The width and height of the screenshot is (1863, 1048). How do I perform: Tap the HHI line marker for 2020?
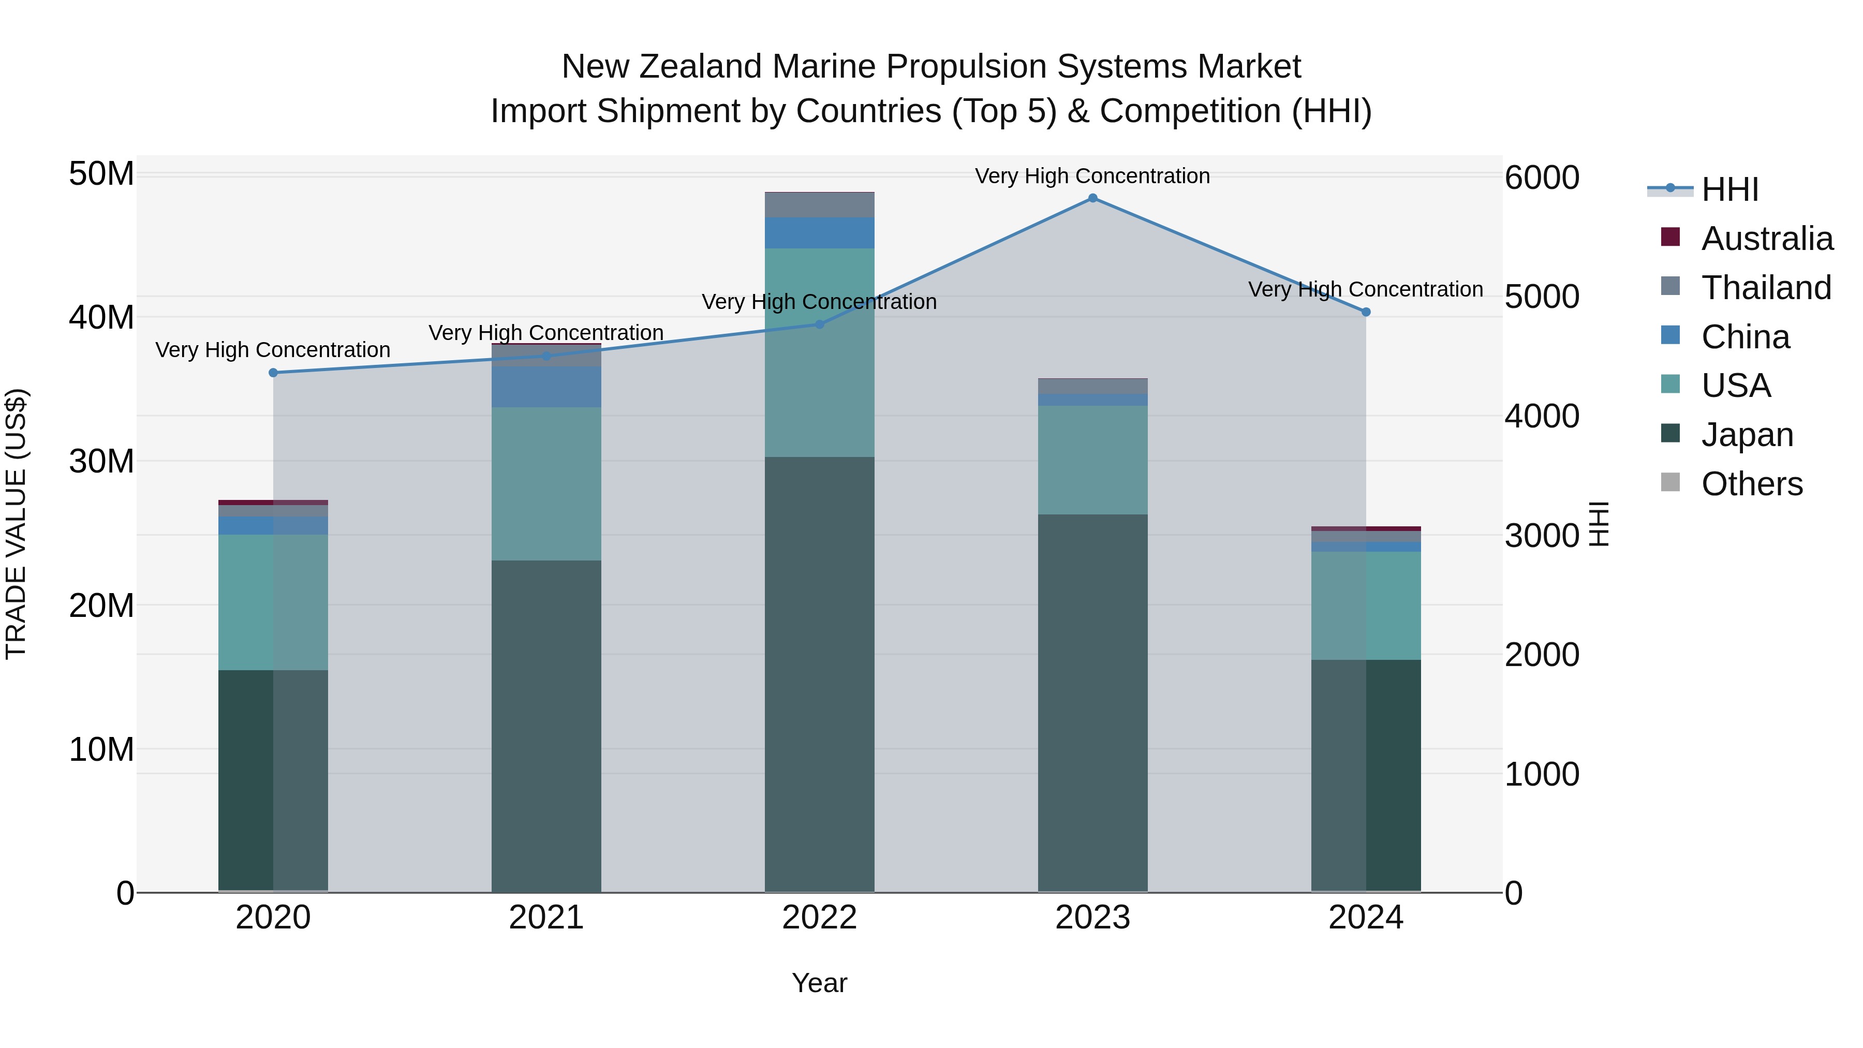(x=273, y=373)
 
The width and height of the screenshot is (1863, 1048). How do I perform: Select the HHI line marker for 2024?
(x=1366, y=312)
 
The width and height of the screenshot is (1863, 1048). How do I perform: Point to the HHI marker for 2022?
(x=819, y=324)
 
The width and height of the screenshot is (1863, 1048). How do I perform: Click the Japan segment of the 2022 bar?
(x=819, y=673)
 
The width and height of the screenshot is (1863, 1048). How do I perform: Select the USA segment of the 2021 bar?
(x=546, y=483)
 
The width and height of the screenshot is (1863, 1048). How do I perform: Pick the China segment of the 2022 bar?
(x=819, y=233)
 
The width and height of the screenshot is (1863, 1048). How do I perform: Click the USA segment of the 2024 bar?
(x=1366, y=606)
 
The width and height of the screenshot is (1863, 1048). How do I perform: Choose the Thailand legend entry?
(x=1766, y=288)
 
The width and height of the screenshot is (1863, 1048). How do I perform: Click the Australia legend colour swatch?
(x=1670, y=237)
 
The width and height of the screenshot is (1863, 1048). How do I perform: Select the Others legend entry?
(x=1752, y=484)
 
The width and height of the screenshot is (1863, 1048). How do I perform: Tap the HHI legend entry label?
(x=1730, y=189)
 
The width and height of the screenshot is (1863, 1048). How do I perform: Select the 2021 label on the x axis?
(x=546, y=918)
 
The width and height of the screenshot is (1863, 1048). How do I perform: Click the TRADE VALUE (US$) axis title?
(x=16, y=524)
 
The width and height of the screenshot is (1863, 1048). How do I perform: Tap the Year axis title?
(x=819, y=983)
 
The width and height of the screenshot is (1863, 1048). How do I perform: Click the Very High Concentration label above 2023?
(x=1092, y=176)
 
